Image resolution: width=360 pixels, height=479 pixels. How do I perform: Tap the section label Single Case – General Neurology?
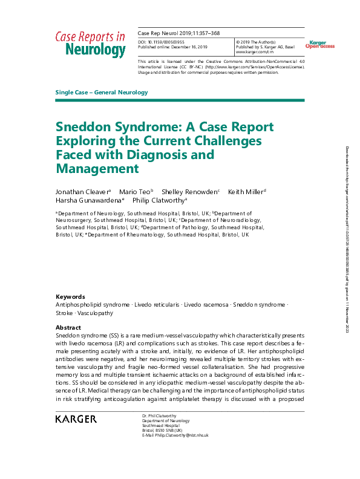pos(102,93)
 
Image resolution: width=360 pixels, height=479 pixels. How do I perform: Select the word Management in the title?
pos(97,169)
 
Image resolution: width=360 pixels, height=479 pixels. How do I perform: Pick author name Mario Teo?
pos(135,192)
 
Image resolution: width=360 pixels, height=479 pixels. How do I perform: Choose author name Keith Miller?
pos(246,192)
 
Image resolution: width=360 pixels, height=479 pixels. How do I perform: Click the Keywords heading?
pos(70,296)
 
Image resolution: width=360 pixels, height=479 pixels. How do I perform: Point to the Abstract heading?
pos(68,327)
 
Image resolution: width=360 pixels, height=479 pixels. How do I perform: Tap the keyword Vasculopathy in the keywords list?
pos(91,314)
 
